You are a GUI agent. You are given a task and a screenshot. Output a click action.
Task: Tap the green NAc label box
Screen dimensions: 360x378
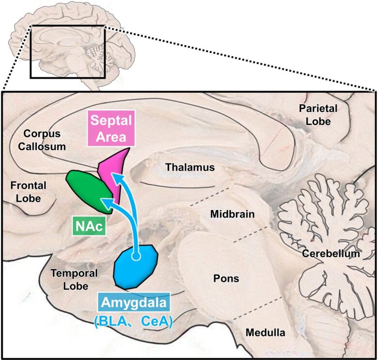90,226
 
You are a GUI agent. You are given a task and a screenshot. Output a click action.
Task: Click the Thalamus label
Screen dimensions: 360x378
189,168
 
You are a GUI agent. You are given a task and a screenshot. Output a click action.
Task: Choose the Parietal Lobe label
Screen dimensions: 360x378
315,114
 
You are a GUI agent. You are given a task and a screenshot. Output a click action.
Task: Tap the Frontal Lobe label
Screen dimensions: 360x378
28,191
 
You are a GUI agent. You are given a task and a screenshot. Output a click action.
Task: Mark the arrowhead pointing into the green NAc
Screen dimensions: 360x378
110,202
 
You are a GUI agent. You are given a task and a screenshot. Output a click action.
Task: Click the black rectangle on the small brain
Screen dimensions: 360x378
67,52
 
